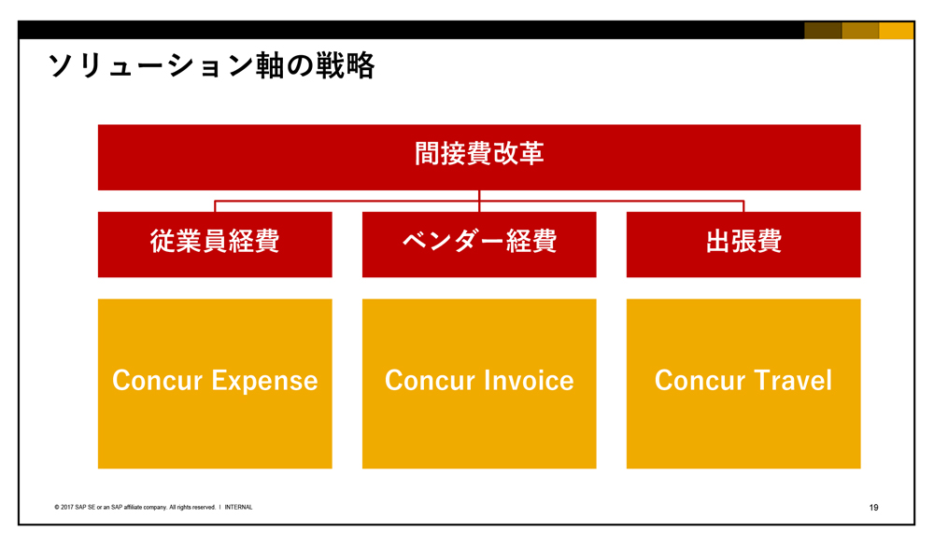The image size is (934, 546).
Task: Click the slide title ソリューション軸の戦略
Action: pyautogui.click(x=211, y=65)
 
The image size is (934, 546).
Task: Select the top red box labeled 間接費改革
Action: pyautogui.click(x=479, y=157)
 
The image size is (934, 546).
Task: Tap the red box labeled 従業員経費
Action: pyautogui.click(x=215, y=245)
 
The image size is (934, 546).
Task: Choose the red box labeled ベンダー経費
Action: pyautogui.click(x=479, y=245)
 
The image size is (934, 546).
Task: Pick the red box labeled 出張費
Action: pyautogui.click(x=743, y=245)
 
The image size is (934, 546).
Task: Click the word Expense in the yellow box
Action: pyautogui.click(x=264, y=382)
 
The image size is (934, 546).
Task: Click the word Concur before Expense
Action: pyautogui.click(x=158, y=381)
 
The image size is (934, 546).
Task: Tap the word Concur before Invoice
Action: pyautogui.click(x=430, y=381)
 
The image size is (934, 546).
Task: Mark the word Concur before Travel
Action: pyautogui.click(x=700, y=381)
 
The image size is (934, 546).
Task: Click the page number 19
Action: pyautogui.click(x=874, y=508)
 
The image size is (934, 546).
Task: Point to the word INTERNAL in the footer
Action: pyautogui.click(x=238, y=508)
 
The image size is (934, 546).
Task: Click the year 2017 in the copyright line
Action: pyautogui.click(x=66, y=508)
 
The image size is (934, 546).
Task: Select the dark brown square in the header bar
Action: pyautogui.click(x=823, y=31)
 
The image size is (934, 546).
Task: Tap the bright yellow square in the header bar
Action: pyautogui.click(x=897, y=31)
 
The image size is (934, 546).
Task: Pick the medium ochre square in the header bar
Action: pyautogui.click(x=860, y=31)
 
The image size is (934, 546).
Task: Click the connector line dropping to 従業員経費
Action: pyautogui.click(x=215, y=206)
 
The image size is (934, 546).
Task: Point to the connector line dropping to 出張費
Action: pyautogui.click(x=743, y=206)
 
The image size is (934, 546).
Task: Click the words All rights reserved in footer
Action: pyautogui.click(x=192, y=508)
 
